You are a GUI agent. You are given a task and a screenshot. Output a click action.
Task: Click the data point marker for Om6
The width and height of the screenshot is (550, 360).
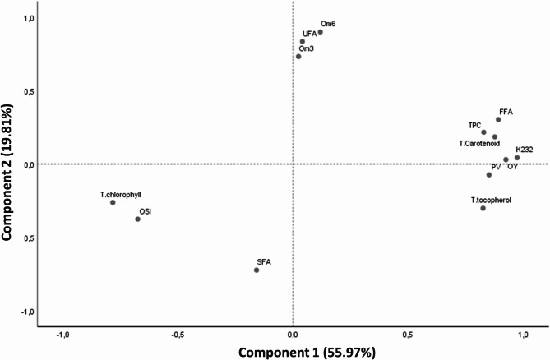click(321, 32)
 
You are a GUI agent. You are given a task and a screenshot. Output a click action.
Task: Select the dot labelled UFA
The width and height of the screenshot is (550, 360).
click(303, 42)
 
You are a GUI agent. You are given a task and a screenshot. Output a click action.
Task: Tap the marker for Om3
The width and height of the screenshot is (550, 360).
click(298, 57)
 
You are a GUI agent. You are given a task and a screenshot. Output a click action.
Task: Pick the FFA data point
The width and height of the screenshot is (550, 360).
click(498, 120)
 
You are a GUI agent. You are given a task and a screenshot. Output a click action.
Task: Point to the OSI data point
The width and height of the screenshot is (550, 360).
click(138, 219)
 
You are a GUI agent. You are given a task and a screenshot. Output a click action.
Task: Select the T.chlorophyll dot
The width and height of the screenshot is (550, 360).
click(113, 202)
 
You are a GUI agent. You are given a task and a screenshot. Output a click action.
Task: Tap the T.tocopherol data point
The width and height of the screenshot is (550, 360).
click(483, 209)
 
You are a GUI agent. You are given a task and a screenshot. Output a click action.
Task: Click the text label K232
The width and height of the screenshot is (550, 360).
click(525, 149)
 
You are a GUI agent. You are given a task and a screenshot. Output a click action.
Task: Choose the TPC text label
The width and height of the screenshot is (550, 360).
click(475, 125)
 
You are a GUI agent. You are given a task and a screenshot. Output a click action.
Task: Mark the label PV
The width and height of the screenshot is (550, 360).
click(496, 167)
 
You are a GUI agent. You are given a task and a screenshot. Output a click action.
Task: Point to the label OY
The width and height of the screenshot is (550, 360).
click(512, 167)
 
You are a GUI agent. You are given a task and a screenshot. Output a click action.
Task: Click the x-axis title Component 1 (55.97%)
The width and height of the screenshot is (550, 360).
click(307, 352)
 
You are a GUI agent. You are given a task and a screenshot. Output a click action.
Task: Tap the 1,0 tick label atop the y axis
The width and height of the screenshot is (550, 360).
click(29, 18)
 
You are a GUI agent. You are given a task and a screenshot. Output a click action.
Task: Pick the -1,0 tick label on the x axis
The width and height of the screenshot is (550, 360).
click(62, 335)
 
